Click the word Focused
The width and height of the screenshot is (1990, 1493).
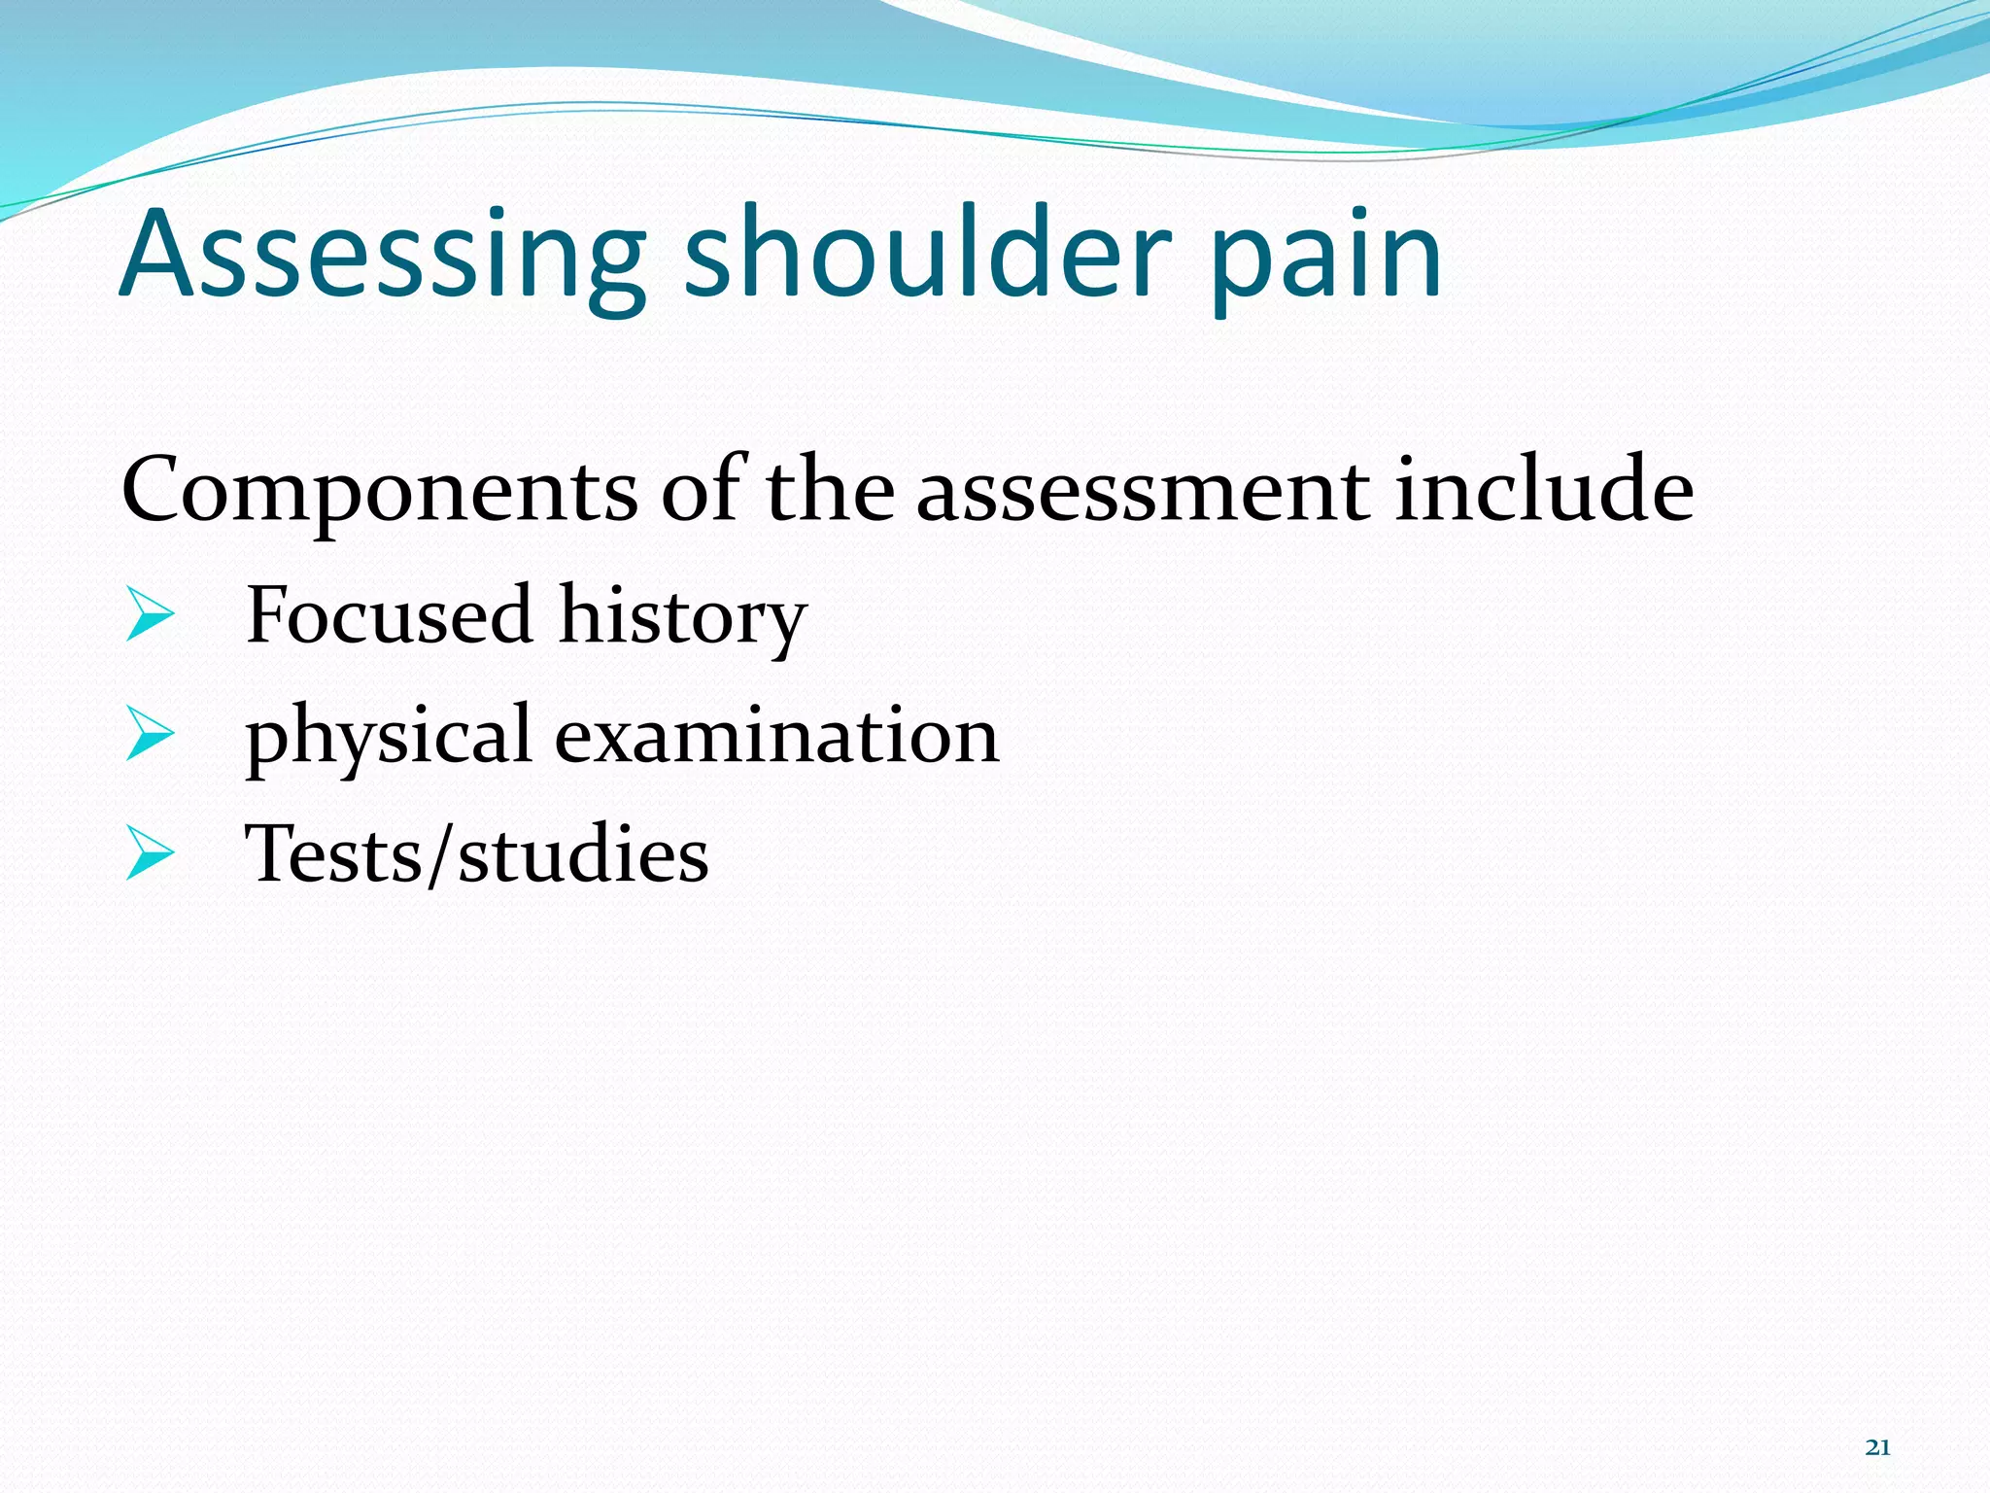pyautogui.click(x=390, y=614)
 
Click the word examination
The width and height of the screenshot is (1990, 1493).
pyautogui.click(x=776, y=734)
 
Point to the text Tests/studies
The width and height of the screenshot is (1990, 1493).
pyautogui.click(x=476, y=853)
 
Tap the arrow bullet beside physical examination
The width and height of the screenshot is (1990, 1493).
pyautogui.click(x=150, y=736)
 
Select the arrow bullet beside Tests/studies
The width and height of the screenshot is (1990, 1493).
pyautogui.click(x=150, y=855)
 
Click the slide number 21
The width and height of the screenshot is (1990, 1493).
pyautogui.click(x=1877, y=1447)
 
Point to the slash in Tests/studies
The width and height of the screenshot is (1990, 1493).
pyautogui.click(x=440, y=853)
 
